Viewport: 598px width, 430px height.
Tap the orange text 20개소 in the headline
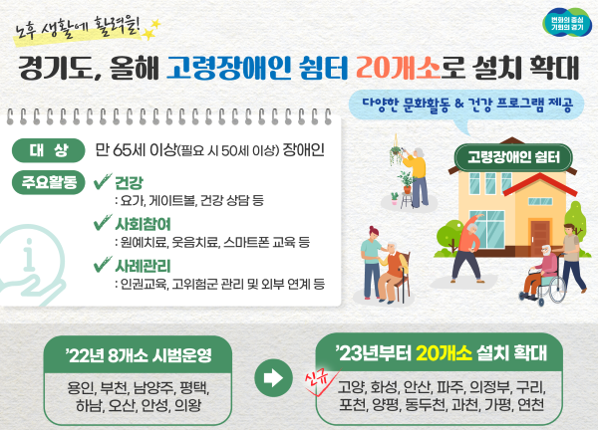pos(398,69)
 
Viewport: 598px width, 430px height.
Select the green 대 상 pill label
pos(49,150)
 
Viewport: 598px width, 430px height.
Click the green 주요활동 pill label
pos(49,182)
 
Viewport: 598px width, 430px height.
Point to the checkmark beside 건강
pos(103,182)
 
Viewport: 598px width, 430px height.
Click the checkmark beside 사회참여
pos(103,223)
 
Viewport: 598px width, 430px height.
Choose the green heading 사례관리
pos(143,266)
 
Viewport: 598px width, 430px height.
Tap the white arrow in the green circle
pos(273,378)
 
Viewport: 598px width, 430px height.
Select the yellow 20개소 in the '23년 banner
pos(445,353)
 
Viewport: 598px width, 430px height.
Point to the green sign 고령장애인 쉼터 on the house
pos(513,157)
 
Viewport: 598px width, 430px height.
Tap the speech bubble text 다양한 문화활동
pos(407,104)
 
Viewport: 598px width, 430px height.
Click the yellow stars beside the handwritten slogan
pos(151,30)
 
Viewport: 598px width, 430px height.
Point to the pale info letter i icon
pos(29,254)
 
